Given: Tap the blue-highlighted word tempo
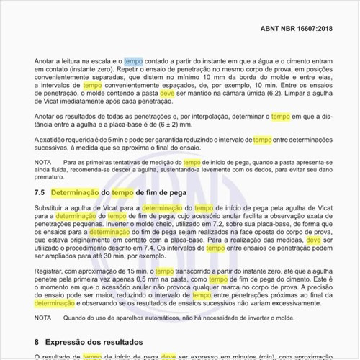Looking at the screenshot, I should tap(133, 62).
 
